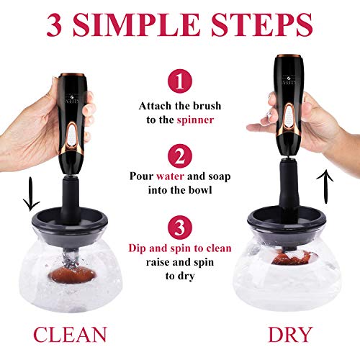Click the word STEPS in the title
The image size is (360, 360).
[x=262, y=24]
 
